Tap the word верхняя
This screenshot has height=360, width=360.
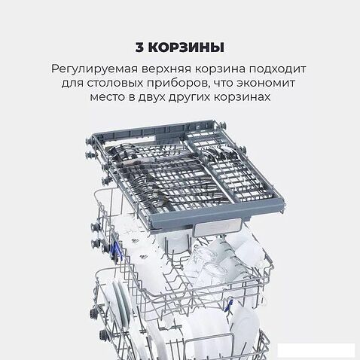[x=171, y=70]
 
